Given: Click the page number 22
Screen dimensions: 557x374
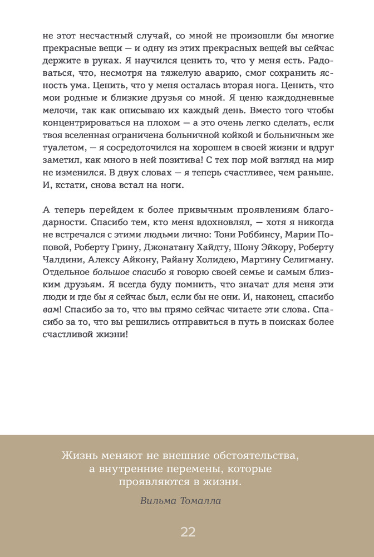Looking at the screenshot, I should point(188,531).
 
